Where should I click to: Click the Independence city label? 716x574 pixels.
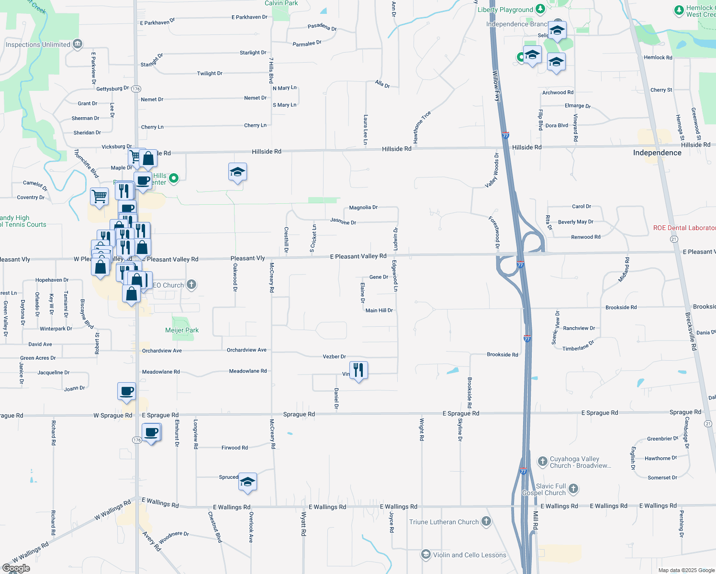657,153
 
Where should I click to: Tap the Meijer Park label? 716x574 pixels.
182,330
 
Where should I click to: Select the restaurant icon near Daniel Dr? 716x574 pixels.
358,370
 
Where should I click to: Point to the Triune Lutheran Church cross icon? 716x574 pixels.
486,521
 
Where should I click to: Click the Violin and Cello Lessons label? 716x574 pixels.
469,555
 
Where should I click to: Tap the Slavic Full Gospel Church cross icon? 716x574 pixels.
573,489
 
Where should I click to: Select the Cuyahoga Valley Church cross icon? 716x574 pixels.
542,461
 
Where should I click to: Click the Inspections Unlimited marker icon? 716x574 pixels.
78,44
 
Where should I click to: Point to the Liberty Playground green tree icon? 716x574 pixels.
540,9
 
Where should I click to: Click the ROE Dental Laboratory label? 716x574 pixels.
684,228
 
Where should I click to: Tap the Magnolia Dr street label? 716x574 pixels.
363,208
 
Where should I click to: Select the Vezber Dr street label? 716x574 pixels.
334,356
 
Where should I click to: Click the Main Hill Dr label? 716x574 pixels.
379,310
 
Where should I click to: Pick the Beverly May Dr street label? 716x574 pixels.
575,222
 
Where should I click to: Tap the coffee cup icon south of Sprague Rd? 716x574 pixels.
151,432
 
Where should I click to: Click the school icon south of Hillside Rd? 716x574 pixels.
237,172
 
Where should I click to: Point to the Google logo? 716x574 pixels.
16,568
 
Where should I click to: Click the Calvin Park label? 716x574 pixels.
281,3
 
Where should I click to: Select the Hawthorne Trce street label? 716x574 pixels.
422,127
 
